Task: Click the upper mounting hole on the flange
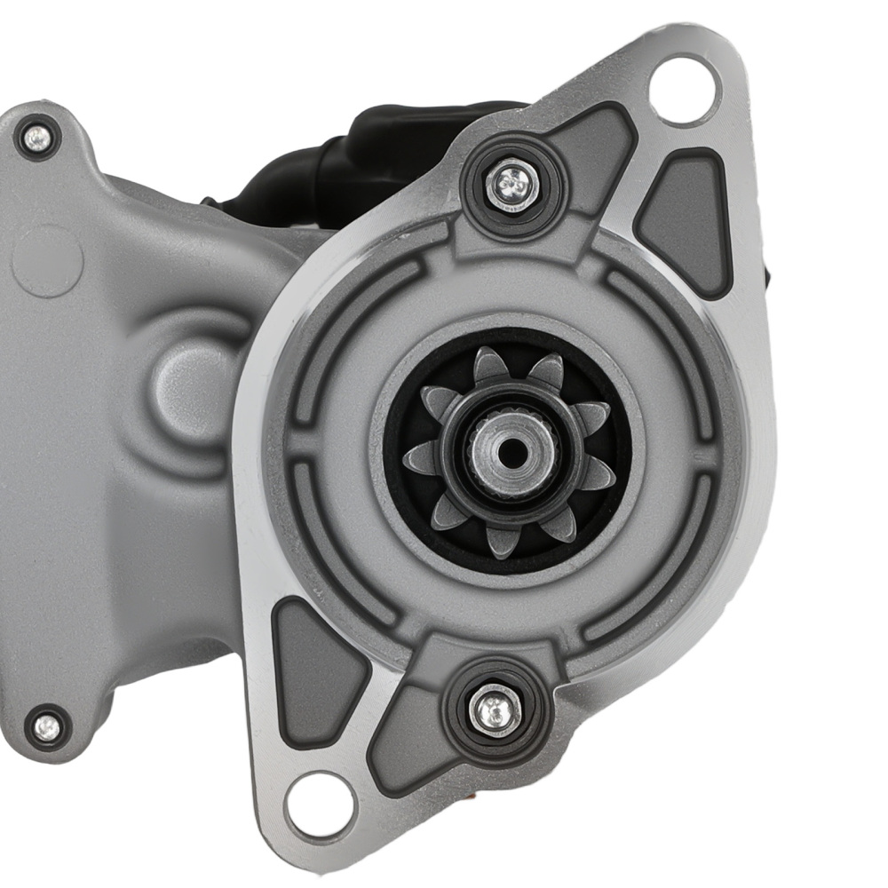[685, 90]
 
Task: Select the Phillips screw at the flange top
[511, 184]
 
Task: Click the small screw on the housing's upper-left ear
[36, 137]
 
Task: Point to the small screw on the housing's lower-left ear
[45, 727]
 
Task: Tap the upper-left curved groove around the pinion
[355, 320]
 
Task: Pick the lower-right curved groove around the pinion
[657, 577]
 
